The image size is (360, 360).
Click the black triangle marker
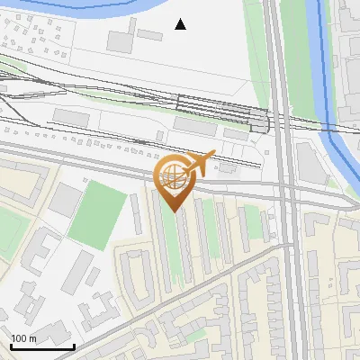tap(181, 24)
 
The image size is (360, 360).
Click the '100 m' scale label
tap(24, 338)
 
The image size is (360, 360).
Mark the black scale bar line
tap(42, 346)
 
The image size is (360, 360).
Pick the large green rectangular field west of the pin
tap(97, 214)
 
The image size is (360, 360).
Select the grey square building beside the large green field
tap(64, 200)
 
